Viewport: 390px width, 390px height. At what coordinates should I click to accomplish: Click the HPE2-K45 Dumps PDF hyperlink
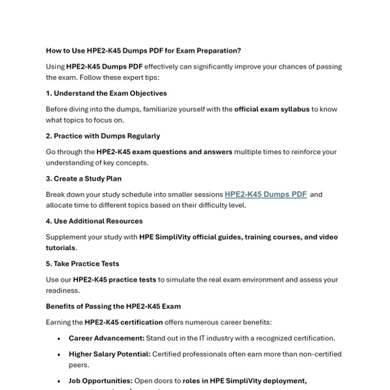[x=265, y=194]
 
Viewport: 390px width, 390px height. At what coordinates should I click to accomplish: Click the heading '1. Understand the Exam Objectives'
[x=106, y=93]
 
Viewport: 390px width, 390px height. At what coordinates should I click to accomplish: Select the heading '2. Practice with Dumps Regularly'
[x=103, y=136]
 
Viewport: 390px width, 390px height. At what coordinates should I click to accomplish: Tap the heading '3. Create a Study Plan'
[x=83, y=178]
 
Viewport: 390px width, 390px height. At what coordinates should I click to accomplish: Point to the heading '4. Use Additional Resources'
[x=94, y=221]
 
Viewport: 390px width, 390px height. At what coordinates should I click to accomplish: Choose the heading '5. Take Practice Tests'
[x=83, y=263]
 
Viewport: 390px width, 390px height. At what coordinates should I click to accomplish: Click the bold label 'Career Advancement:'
[x=107, y=338]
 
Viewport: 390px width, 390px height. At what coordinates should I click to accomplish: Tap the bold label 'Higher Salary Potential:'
[x=109, y=354]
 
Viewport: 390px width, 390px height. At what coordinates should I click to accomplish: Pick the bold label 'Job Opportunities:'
[x=101, y=381]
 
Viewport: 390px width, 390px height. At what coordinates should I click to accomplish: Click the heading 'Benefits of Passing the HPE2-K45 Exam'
[x=113, y=306]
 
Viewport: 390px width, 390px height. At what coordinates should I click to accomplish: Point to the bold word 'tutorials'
[x=60, y=248]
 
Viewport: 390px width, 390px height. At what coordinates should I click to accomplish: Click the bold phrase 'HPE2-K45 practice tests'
[x=114, y=279]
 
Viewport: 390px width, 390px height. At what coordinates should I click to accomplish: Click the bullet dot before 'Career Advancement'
[x=60, y=339]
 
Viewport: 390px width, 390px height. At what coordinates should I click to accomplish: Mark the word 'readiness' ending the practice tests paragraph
[x=62, y=290]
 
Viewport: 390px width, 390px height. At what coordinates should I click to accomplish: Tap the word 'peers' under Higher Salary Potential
[x=78, y=365]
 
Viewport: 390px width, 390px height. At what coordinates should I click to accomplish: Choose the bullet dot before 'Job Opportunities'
[x=60, y=382]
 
